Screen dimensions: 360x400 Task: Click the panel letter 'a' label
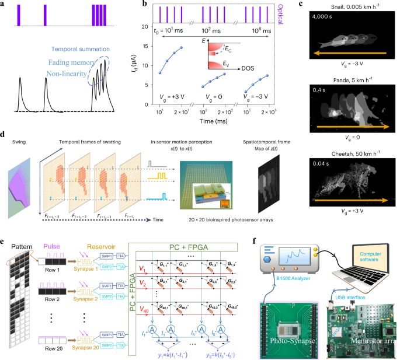[4, 5]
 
